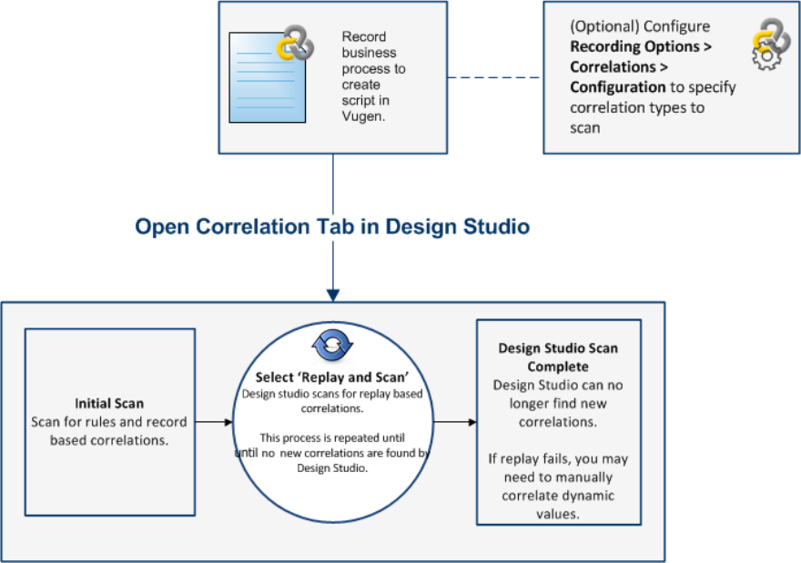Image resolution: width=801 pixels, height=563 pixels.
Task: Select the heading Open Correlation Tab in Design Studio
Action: click(332, 226)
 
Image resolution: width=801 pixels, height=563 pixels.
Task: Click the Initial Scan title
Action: click(109, 404)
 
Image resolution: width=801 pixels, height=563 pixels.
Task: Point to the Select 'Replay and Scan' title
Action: click(331, 377)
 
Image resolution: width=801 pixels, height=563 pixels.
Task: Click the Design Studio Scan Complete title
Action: click(559, 357)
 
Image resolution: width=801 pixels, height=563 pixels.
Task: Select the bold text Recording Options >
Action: click(641, 46)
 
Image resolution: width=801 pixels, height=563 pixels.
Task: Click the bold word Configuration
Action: click(618, 87)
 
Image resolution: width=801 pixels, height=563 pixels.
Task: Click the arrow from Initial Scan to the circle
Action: click(214, 422)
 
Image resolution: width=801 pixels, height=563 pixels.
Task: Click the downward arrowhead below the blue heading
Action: click(333, 293)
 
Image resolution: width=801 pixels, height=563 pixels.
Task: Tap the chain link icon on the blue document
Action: click(295, 43)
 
